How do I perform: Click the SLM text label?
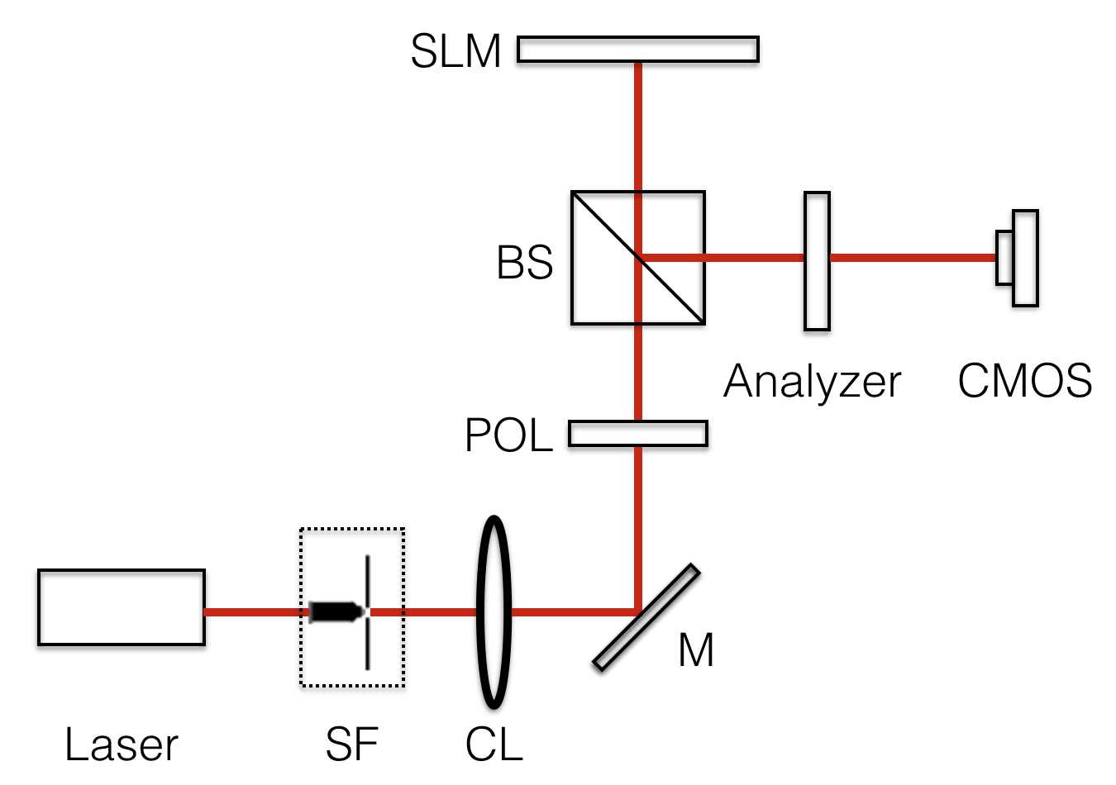[x=455, y=51]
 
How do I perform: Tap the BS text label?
[x=524, y=263]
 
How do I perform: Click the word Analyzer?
[x=812, y=382]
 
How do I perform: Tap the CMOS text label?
[x=1024, y=382]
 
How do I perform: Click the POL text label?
[x=508, y=435]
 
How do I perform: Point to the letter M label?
[x=695, y=651]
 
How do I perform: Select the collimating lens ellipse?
[x=494, y=612]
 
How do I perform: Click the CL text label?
[x=494, y=745]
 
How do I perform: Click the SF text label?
[x=351, y=745]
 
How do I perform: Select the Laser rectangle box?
[x=121, y=607]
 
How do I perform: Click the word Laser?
[x=121, y=745]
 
